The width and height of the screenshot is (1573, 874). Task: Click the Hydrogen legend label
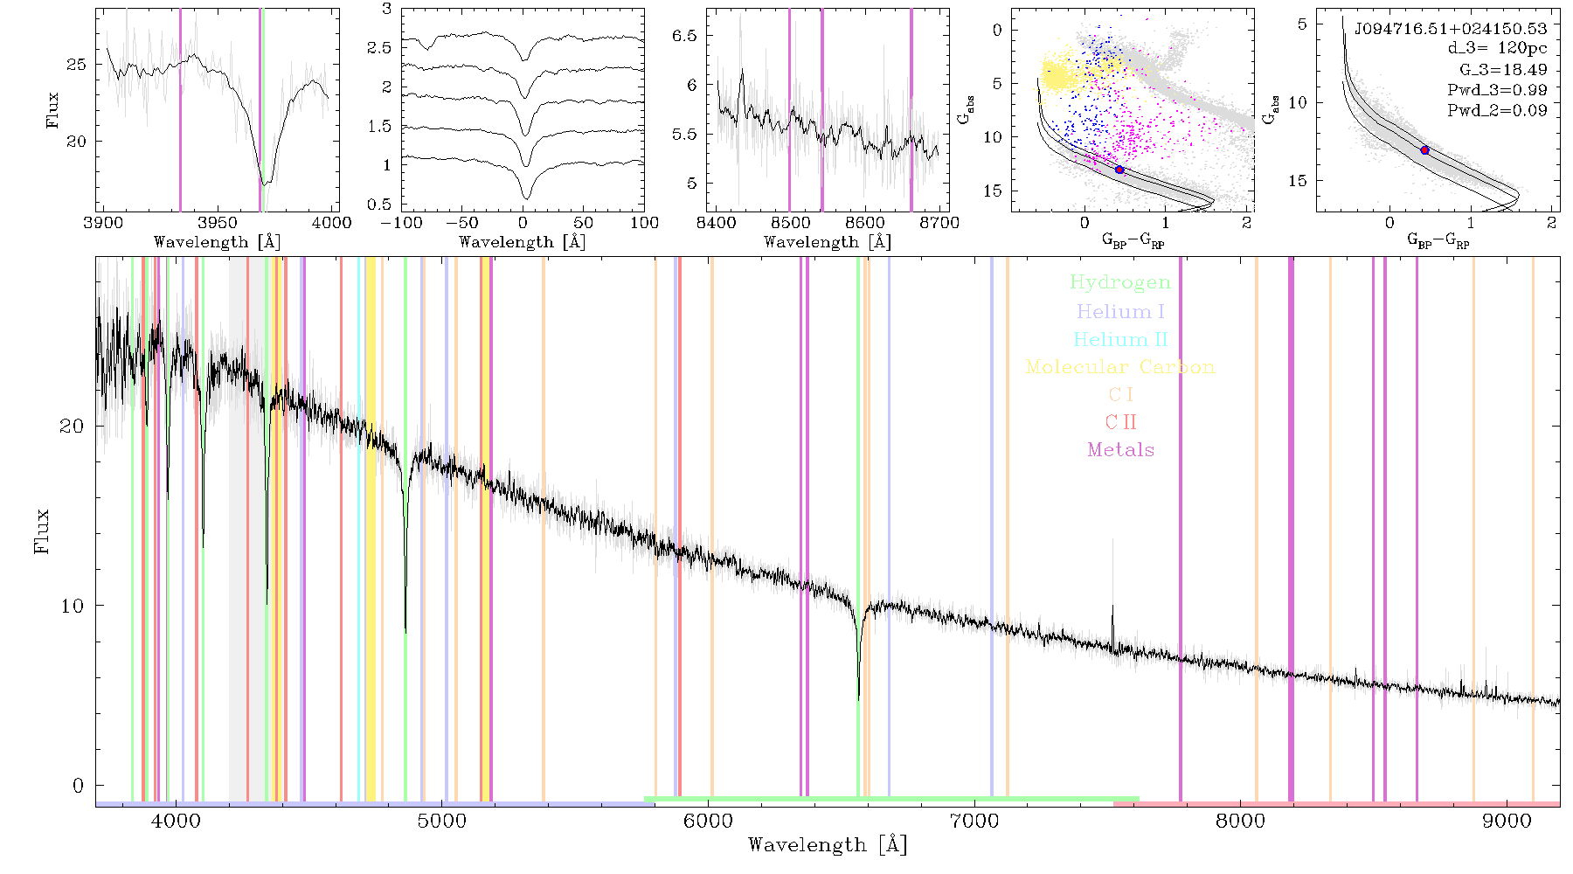[x=1119, y=283]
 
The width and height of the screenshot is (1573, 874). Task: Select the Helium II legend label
[x=1120, y=339]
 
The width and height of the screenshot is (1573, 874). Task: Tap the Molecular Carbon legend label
[x=1120, y=367]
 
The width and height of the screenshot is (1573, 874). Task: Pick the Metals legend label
[x=1120, y=450]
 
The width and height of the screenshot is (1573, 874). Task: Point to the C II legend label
[x=1120, y=422]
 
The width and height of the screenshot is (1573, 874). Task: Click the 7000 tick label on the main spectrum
[x=974, y=822]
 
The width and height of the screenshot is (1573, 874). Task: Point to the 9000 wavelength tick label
[x=1506, y=822]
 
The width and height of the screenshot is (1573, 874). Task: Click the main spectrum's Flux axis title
[x=41, y=531]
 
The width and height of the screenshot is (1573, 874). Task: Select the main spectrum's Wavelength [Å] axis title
[x=827, y=845]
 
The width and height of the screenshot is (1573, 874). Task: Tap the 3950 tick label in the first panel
[x=218, y=223]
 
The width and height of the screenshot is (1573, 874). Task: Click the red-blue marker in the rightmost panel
[x=1424, y=150]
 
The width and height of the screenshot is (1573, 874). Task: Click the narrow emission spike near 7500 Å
[x=1112, y=624]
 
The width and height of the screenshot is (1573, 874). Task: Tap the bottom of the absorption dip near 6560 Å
[x=858, y=699]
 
